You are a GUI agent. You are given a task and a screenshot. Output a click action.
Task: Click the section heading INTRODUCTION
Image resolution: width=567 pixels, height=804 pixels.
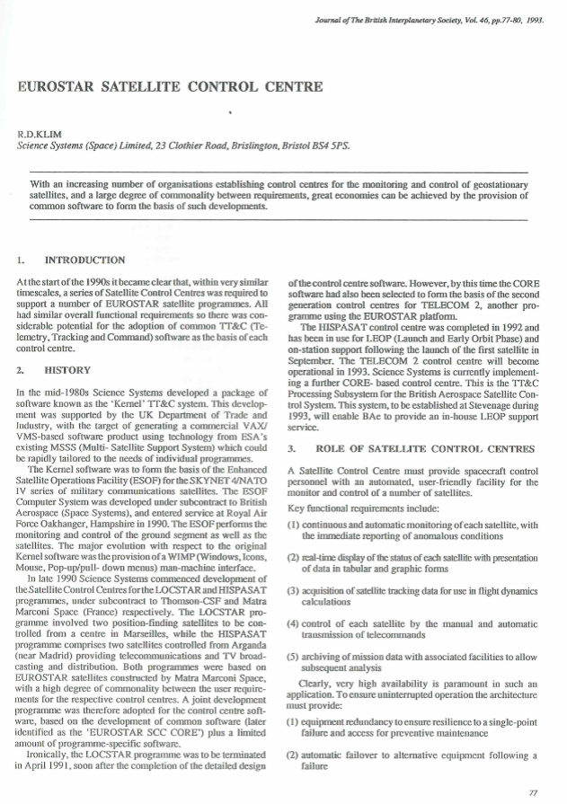click(x=78, y=261)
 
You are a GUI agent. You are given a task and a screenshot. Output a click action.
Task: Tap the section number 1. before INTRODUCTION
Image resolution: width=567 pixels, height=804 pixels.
click(x=20, y=261)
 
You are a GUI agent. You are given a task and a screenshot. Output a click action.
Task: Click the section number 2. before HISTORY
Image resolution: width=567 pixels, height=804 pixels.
click(x=20, y=368)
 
